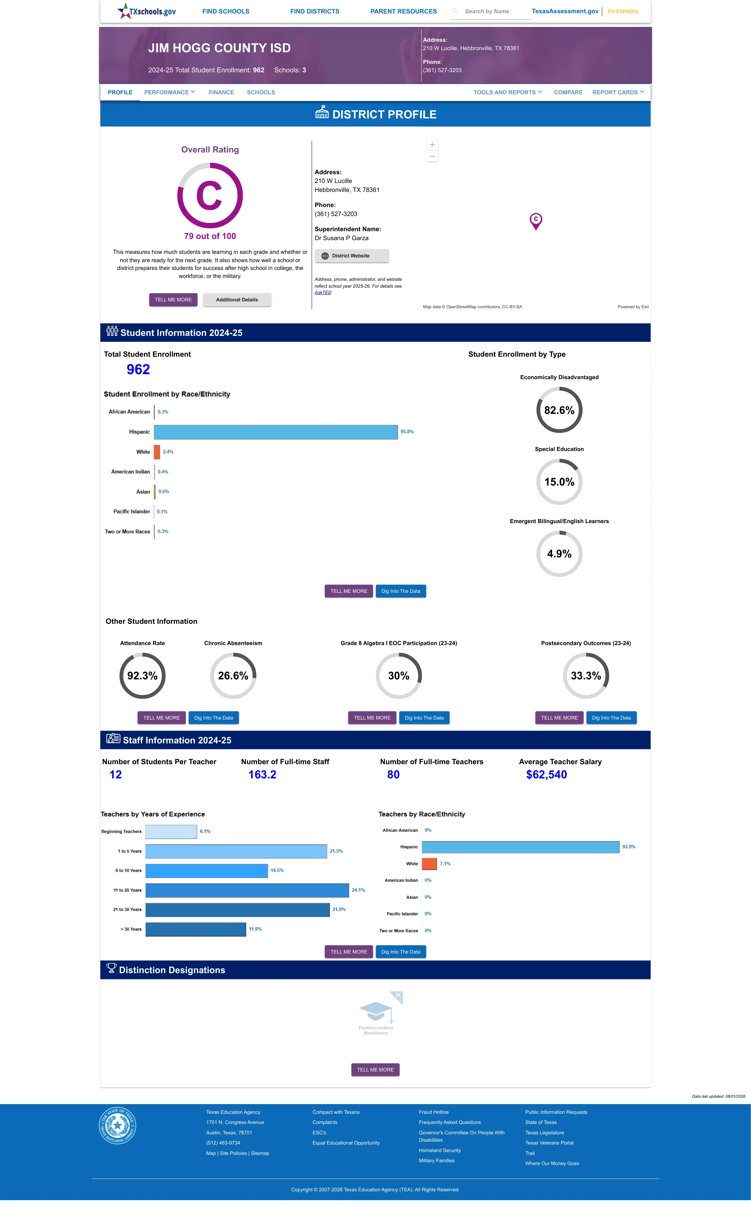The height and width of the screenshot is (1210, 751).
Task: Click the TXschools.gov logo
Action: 147,11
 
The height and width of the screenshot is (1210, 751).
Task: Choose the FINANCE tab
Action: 221,92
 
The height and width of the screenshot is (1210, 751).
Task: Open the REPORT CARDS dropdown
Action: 618,92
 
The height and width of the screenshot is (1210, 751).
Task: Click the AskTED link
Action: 323,292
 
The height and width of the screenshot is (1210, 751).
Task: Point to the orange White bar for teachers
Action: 429,864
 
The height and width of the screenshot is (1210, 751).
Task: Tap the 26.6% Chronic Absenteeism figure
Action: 233,676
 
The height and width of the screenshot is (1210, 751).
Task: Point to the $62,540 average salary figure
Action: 546,775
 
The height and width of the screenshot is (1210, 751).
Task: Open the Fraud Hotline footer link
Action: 434,1112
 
